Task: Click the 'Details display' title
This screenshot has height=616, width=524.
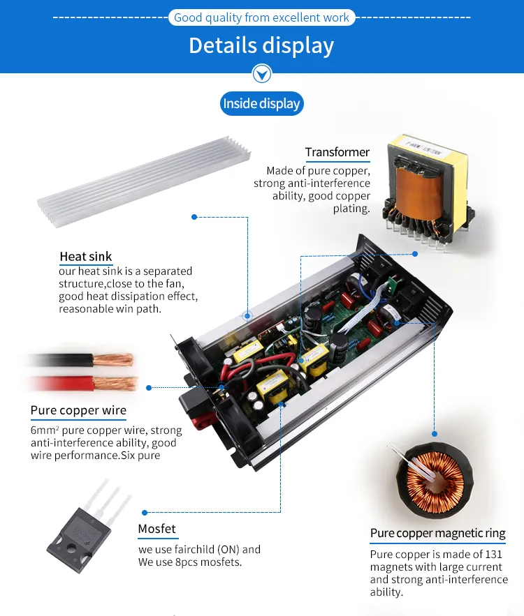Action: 261,45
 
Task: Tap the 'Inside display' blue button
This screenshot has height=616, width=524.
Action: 261,104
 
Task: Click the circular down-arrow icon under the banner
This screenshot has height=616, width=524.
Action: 261,73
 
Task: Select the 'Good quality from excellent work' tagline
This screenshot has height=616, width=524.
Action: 261,17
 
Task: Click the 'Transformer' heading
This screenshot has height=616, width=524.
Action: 337,152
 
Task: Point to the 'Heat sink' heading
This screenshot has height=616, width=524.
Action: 85,257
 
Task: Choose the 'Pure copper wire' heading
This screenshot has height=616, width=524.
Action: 78,410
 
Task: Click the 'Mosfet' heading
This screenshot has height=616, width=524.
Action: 157,529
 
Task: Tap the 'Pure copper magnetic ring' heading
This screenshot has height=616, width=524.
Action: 437,533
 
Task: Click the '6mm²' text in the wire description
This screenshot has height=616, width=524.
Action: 44,430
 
